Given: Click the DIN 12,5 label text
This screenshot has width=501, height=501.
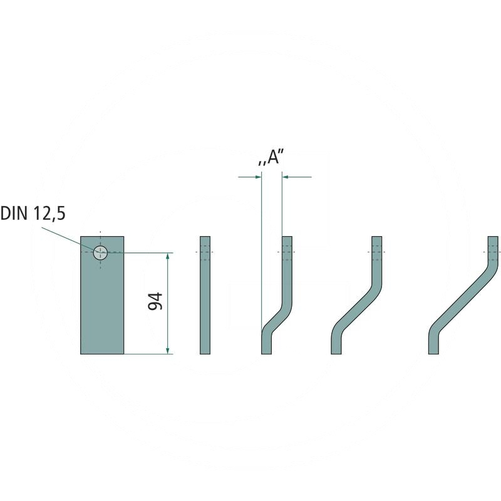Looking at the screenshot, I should coord(33,214).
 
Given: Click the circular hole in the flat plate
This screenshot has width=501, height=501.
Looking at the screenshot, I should coord(100,253).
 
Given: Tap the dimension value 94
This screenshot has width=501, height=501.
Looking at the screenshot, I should coord(155,301).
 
